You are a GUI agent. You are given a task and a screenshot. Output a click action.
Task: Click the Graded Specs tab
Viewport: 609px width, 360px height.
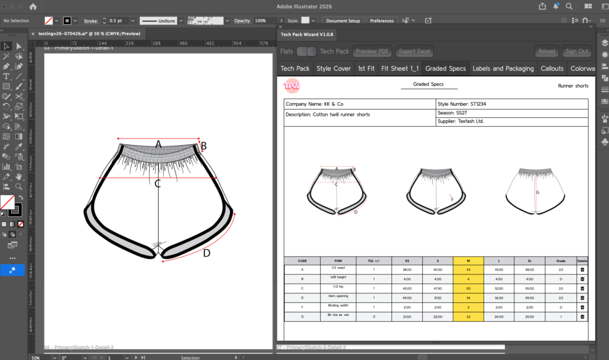445,68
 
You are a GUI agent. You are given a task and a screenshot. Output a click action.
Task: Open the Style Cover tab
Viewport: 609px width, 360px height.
334,68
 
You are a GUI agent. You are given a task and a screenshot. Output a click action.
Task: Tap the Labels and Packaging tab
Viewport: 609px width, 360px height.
503,68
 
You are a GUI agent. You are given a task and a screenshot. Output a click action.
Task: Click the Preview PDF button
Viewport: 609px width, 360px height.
373,51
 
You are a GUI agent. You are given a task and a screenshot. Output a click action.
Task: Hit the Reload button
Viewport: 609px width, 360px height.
546,51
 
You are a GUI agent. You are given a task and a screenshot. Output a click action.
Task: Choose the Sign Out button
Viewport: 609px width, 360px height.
577,51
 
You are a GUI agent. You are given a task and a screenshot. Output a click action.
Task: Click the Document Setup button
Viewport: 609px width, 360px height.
344,21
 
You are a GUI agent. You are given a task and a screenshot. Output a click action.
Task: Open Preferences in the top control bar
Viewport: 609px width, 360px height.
382,21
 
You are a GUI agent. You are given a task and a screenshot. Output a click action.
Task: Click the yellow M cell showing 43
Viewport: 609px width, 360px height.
468,270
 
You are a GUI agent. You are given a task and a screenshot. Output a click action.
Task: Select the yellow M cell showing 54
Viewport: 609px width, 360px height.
468,297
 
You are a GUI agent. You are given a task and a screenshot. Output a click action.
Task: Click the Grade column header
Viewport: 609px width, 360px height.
560,261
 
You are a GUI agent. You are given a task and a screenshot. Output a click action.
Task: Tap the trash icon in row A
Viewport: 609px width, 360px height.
582,270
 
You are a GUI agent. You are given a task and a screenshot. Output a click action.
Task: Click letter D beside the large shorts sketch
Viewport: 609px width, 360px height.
206,253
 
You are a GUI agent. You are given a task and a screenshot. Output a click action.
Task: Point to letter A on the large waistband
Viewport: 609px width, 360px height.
158,144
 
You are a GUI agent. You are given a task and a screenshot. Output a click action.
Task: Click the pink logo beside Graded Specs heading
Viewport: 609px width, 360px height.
292,86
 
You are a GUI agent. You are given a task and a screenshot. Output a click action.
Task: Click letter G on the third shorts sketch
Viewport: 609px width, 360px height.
538,192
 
